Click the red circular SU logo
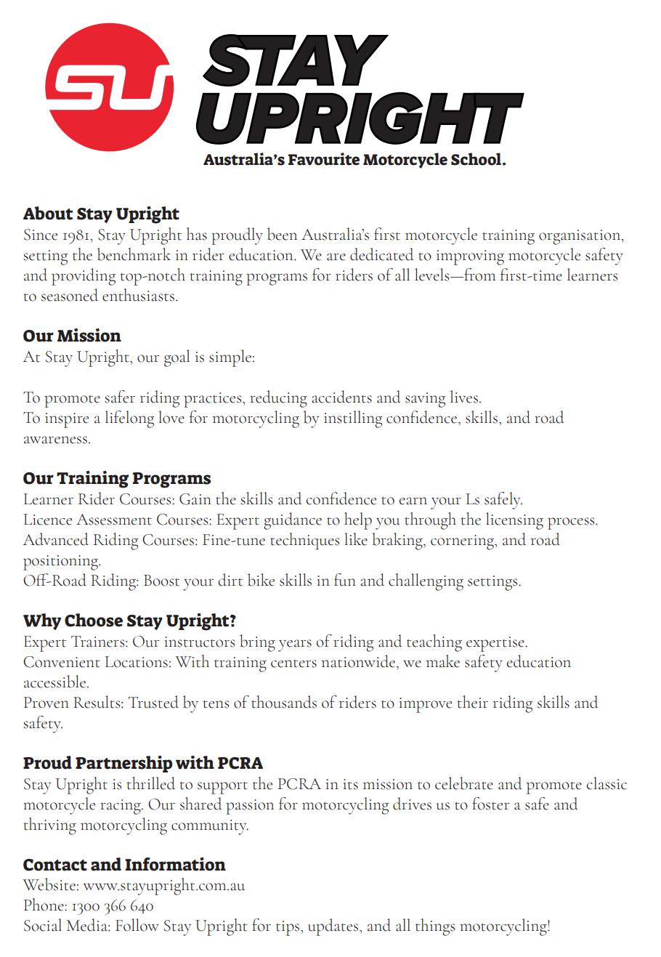tap(109, 87)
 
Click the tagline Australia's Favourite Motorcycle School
tap(354, 160)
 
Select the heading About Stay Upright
tap(101, 214)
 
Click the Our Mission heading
tap(72, 336)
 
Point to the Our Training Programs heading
tap(117, 478)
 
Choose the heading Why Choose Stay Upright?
tap(129, 621)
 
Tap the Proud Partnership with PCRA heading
tap(143, 763)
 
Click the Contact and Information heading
tap(124, 865)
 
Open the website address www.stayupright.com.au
tap(163, 886)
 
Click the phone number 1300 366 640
tap(112, 906)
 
